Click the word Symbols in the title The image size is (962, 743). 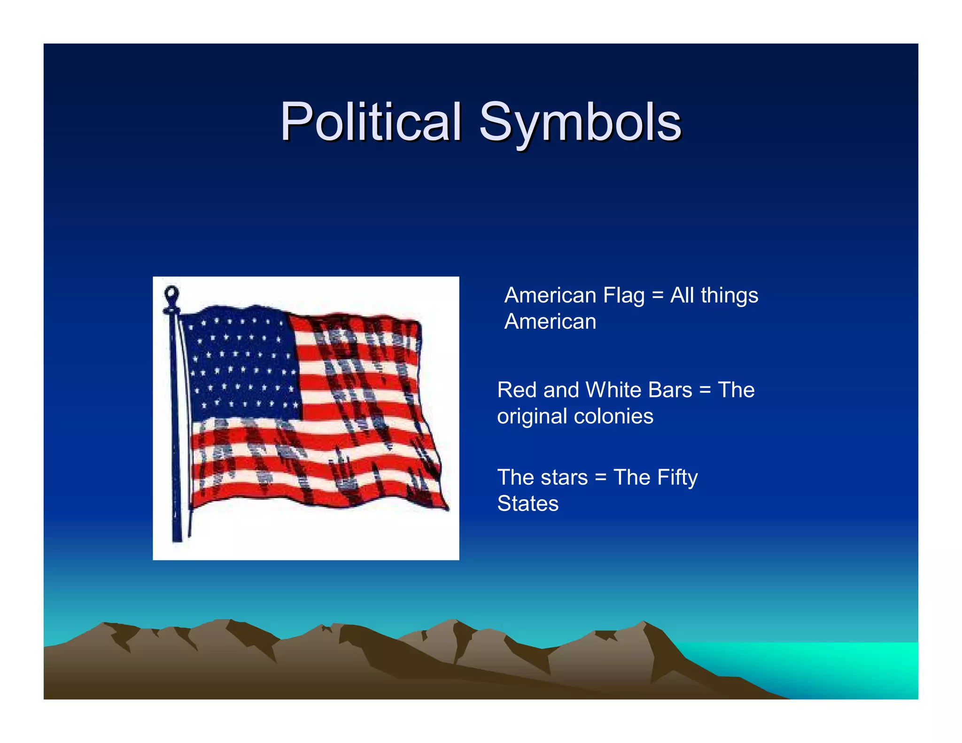click(x=580, y=123)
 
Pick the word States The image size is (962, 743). click(x=528, y=504)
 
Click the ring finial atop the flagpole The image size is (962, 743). click(x=171, y=294)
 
